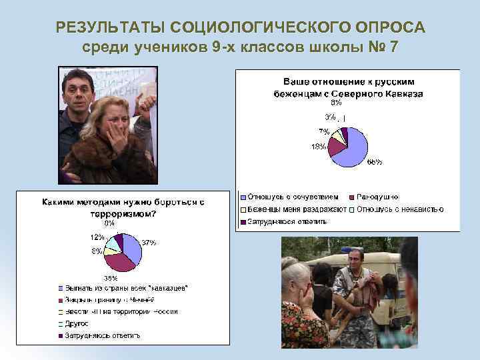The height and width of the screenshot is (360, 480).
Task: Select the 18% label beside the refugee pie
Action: click(x=318, y=147)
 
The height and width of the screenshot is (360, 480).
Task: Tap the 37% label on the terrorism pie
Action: click(x=148, y=243)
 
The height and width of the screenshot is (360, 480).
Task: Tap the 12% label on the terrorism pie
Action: click(x=97, y=237)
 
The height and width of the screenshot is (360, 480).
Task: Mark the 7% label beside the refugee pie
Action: click(x=323, y=131)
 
